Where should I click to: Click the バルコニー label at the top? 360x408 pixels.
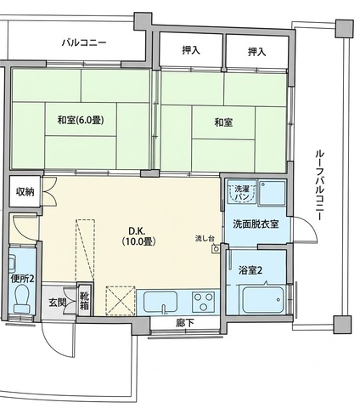tap(84, 43)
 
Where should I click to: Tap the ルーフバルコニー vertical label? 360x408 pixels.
tap(319, 185)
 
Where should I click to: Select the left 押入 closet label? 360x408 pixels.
tap(191, 50)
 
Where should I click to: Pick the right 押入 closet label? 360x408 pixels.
tap(257, 52)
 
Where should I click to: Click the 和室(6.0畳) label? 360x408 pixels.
tap(81, 120)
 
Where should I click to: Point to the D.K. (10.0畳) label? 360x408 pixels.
tap(138, 236)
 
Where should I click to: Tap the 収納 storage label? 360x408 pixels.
tap(25, 192)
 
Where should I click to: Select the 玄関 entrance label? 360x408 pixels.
tap(57, 303)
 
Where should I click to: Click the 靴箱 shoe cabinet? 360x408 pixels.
tap(85, 299)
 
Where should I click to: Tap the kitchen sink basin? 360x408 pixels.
tap(160, 302)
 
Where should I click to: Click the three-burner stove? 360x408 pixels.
tap(203, 302)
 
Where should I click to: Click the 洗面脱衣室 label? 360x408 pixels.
tap(256, 224)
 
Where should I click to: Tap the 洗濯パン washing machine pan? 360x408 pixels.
tap(243, 192)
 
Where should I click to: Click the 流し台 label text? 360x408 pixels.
tap(205, 238)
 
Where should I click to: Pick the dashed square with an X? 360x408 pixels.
tap(121, 301)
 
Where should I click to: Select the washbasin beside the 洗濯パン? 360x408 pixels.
tap(273, 193)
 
